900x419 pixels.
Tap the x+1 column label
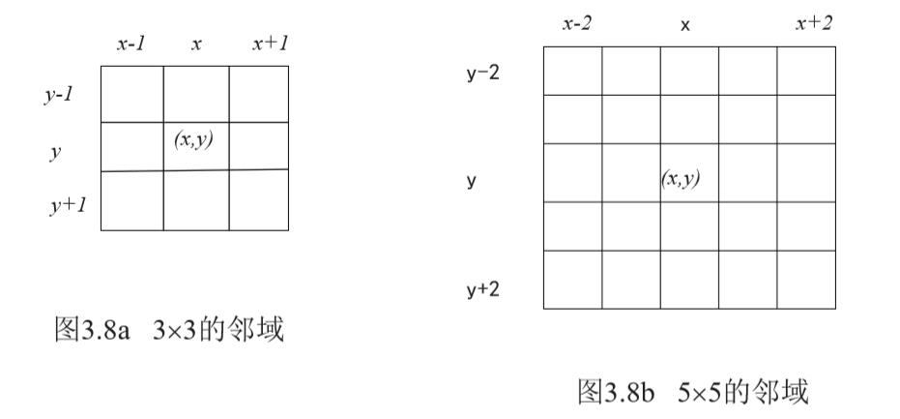272,45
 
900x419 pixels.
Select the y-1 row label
59,96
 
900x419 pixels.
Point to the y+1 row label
69,205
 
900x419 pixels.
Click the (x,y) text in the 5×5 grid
681,178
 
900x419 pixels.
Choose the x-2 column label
577,23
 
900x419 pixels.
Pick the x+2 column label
814,23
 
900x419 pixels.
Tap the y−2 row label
482,73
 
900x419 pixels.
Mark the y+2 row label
482,287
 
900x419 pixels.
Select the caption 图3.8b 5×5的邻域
692,391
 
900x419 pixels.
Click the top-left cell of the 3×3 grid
131,94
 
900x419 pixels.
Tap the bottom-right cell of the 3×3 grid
258,200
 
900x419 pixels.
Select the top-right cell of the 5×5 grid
806,71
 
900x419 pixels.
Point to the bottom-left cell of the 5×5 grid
572,280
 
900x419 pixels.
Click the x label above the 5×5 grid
685,25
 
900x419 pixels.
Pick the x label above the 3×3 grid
196,45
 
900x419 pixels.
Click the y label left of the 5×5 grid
471,180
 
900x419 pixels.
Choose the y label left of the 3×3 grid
54,153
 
